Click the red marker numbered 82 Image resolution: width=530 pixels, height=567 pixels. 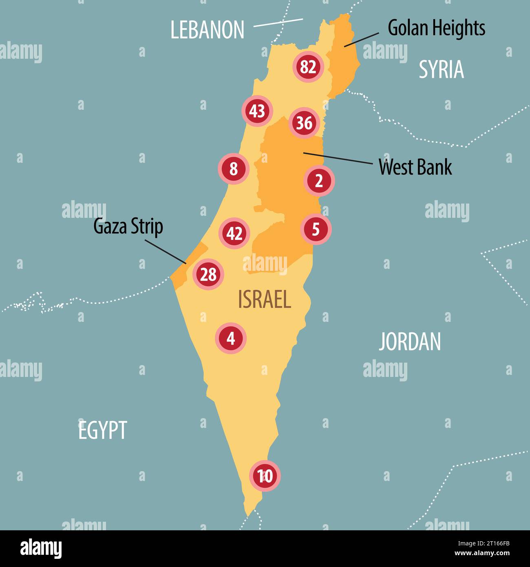308,67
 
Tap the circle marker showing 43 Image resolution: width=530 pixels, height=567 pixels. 257,111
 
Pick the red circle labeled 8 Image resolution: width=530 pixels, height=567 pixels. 233,169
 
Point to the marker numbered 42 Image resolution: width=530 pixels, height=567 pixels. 234,233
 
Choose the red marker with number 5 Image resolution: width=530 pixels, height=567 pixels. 316,230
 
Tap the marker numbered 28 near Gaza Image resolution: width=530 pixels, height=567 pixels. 208,275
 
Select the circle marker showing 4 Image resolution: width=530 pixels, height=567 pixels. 231,338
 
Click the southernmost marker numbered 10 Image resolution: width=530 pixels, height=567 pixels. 265,476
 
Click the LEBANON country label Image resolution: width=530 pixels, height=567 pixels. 207,30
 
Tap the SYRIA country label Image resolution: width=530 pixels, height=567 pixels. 442,70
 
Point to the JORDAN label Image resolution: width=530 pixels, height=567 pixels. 410,342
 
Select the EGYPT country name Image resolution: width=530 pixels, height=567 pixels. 103,430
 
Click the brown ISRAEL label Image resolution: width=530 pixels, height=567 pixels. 264,300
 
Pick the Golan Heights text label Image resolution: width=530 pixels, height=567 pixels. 436,28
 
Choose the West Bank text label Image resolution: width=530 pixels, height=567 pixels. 415,167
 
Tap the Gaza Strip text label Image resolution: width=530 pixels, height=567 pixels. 128,226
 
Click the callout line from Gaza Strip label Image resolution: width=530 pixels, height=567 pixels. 166,251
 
